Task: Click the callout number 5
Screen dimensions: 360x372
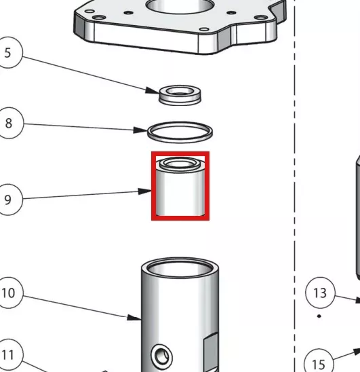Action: click(8, 53)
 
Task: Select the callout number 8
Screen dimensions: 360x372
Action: click(9, 123)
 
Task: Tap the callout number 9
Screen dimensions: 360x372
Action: click(8, 200)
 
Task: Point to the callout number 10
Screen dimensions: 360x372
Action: click(8, 293)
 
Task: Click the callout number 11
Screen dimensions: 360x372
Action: click(8, 355)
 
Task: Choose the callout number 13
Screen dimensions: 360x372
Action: click(320, 293)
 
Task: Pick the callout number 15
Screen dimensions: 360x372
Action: click(319, 364)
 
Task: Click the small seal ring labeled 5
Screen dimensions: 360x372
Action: click(180, 95)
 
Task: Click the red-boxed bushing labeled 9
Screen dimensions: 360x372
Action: click(180, 187)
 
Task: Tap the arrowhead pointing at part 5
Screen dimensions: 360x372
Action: click(152, 91)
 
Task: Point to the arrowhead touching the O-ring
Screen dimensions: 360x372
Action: click(140, 130)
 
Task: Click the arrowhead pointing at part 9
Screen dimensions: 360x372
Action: click(145, 191)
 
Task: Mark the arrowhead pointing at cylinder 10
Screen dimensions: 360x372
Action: click(134, 318)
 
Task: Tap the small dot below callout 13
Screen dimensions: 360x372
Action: click(319, 316)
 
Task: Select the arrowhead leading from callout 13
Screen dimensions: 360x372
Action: click(357, 300)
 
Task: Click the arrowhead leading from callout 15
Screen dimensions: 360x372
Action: click(357, 352)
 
